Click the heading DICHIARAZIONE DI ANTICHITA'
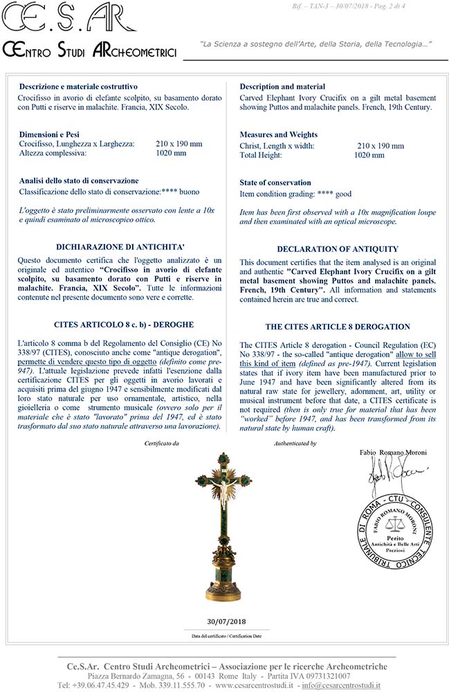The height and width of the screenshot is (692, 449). click(x=114, y=246)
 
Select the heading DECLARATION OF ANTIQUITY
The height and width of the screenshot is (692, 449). click(x=337, y=249)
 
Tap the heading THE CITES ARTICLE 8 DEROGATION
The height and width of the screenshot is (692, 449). click(x=337, y=327)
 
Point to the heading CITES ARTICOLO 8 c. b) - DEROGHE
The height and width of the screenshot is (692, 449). click(x=114, y=324)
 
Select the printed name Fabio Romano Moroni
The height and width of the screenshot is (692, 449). click(x=393, y=453)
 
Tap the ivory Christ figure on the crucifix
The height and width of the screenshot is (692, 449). click(x=225, y=492)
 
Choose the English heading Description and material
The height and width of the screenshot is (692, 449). click(x=282, y=86)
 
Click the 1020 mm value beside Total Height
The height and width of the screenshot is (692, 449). click(x=369, y=156)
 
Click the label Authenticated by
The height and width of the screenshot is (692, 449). click(x=295, y=443)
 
